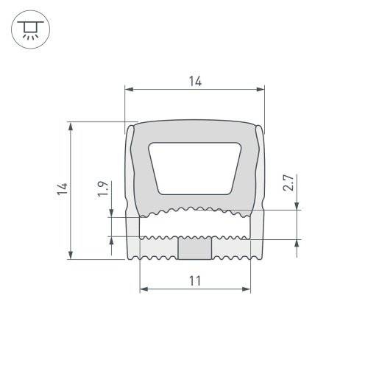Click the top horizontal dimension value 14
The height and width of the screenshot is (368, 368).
194,81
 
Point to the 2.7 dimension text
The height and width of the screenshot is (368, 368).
289,183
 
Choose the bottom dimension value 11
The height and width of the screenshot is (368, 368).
194,280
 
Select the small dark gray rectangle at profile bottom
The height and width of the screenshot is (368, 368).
194,249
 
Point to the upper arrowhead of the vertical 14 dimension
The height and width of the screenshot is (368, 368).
71,126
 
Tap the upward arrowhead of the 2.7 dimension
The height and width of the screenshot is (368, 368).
297,245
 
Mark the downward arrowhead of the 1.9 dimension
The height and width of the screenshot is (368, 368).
111,213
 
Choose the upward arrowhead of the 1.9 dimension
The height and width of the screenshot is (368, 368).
111,241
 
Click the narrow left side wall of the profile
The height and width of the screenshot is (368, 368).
130,169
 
